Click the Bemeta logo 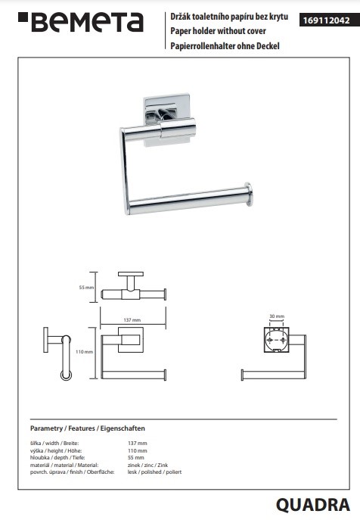81,22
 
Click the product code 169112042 326,20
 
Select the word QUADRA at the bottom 313,505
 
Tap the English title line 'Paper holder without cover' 218,31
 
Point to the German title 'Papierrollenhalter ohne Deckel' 225,45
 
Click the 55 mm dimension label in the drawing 86,288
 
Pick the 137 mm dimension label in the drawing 132,320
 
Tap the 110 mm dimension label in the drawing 84,351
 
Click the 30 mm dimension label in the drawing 277,316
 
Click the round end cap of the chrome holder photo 249,195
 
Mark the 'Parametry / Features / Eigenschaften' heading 88,428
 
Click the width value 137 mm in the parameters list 137,443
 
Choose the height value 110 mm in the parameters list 137,450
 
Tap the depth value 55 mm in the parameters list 136,458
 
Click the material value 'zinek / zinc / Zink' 147,465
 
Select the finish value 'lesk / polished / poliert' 154,472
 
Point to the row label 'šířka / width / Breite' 54,443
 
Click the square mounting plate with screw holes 277,340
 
